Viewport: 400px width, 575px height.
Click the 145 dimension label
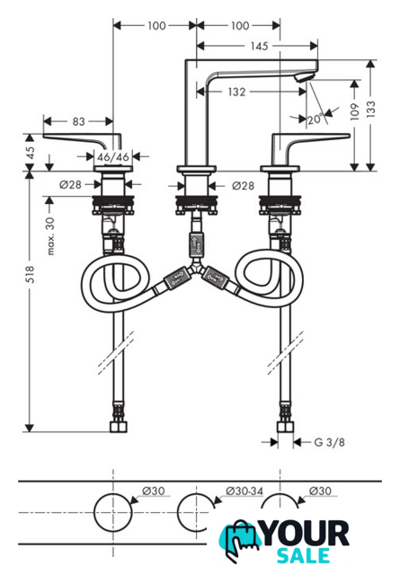259,46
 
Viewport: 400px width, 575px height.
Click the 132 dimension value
236,92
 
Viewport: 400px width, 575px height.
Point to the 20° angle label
316,119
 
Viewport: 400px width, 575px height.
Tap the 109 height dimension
354,111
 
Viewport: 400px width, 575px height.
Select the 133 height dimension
371,109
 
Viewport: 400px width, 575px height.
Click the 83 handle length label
78,121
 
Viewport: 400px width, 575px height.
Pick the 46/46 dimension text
113,157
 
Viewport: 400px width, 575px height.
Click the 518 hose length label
30,274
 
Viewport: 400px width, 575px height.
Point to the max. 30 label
50,235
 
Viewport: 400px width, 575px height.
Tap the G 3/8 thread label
330,442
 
